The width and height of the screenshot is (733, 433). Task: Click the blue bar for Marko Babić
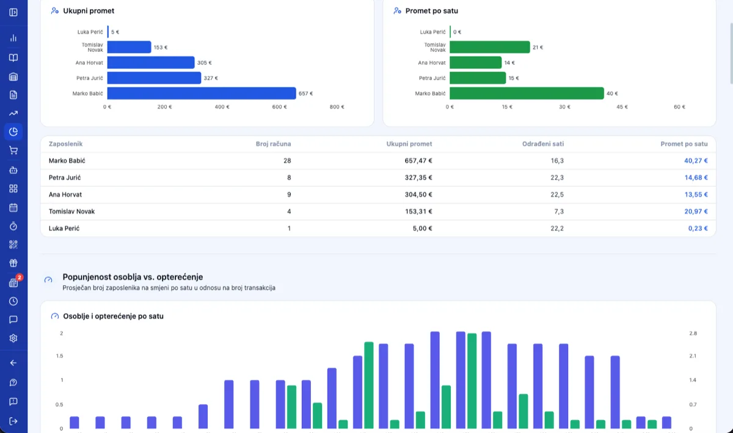coord(202,93)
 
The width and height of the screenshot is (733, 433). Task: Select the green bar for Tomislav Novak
coord(490,47)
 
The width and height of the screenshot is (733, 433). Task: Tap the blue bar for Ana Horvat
coord(151,62)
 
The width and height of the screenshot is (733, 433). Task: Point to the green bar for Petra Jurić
coord(478,78)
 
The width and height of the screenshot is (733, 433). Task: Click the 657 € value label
coord(305,93)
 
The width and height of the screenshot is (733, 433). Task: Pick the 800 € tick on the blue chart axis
coord(337,107)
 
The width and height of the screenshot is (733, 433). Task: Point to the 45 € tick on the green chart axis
coord(622,107)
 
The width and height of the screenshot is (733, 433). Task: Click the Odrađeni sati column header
coord(543,144)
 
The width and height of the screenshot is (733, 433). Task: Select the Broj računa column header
coord(273,144)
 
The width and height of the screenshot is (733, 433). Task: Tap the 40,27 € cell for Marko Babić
coord(696,161)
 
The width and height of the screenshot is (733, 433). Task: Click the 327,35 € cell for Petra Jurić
coord(418,178)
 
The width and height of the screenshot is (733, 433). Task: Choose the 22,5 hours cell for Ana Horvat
coord(557,195)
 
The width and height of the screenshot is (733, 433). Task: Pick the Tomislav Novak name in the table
coord(71,211)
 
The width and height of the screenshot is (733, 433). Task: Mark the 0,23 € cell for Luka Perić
coord(698,228)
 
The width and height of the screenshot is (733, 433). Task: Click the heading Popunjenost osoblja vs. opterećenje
coord(133,277)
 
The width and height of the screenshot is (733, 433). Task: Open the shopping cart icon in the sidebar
coord(13,151)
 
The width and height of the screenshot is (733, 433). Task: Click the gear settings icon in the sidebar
coord(13,338)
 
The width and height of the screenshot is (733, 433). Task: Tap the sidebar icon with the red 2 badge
coord(13,283)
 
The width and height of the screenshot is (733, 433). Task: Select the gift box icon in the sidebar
coord(13,263)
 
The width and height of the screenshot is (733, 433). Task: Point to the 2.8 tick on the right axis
coord(693,333)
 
